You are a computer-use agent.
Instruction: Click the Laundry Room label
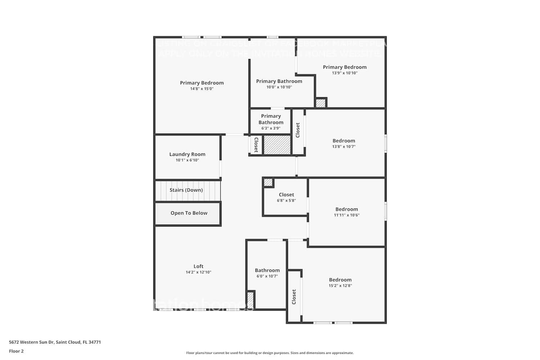(x=187, y=154)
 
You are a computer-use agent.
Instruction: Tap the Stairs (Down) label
(x=186, y=190)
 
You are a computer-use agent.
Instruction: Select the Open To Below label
(x=189, y=213)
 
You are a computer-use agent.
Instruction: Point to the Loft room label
(x=198, y=266)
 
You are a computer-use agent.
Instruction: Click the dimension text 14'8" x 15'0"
(x=202, y=89)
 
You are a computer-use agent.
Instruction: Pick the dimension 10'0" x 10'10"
(x=279, y=87)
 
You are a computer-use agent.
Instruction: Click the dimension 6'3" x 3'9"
(x=271, y=128)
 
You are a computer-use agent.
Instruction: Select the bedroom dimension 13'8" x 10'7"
(x=343, y=147)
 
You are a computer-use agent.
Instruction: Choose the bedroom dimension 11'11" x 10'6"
(x=346, y=215)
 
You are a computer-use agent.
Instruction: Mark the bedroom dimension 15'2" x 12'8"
(x=340, y=285)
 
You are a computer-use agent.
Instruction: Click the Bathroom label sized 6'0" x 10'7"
(x=267, y=270)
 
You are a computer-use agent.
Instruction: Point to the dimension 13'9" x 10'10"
(x=345, y=73)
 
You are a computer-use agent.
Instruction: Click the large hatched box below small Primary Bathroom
(x=277, y=145)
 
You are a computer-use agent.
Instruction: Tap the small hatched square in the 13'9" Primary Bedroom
(x=320, y=103)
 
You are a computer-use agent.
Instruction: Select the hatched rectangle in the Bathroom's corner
(x=251, y=300)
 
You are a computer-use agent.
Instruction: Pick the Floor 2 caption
(x=16, y=351)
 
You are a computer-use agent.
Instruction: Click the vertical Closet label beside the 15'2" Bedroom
(x=294, y=297)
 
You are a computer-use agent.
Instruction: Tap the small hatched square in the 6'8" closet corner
(x=268, y=182)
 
